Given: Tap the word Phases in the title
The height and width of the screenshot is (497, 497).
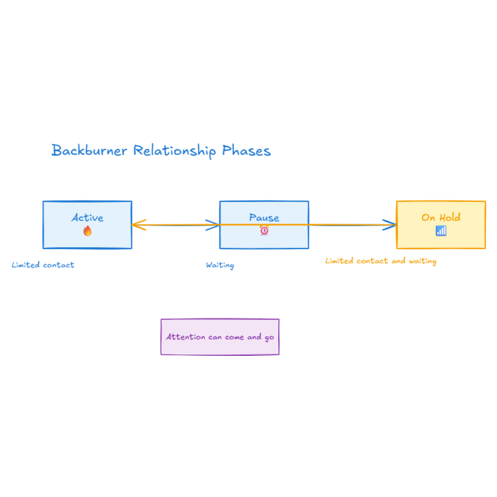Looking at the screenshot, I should click(x=246, y=150).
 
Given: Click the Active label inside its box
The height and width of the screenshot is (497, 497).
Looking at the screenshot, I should click(x=87, y=217).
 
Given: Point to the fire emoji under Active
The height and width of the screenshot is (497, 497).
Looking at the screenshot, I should click(x=87, y=231).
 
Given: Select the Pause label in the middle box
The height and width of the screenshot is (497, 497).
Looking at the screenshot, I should click(x=264, y=217).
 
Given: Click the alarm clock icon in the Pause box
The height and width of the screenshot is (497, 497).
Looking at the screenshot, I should click(x=264, y=231).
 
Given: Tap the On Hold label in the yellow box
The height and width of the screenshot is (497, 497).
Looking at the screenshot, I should click(x=441, y=217).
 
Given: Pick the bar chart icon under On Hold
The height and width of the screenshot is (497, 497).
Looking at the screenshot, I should click(x=441, y=231).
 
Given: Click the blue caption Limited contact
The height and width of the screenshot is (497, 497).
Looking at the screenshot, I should click(x=43, y=265).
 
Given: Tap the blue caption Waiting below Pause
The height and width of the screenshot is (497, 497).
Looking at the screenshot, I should click(x=220, y=265).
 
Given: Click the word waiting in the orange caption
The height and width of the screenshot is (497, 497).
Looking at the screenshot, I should click(x=422, y=261).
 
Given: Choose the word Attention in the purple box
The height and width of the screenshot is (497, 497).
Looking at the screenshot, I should click(x=185, y=337).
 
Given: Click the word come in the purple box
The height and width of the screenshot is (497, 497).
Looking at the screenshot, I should click(x=234, y=337).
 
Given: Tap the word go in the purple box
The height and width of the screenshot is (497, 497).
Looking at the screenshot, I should click(x=269, y=337).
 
